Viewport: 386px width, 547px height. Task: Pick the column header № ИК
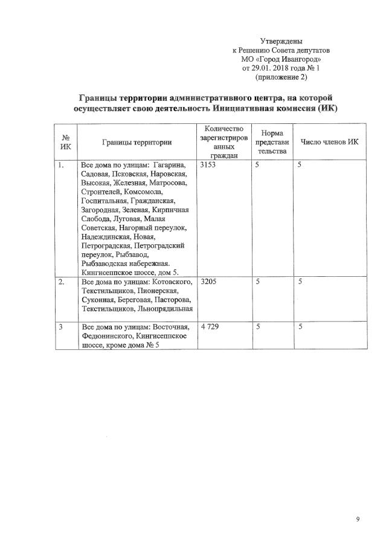(x=65, y=141)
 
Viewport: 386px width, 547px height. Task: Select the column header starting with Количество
(x=224, y=141)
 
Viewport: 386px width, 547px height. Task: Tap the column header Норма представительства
(x=272, y=142)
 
